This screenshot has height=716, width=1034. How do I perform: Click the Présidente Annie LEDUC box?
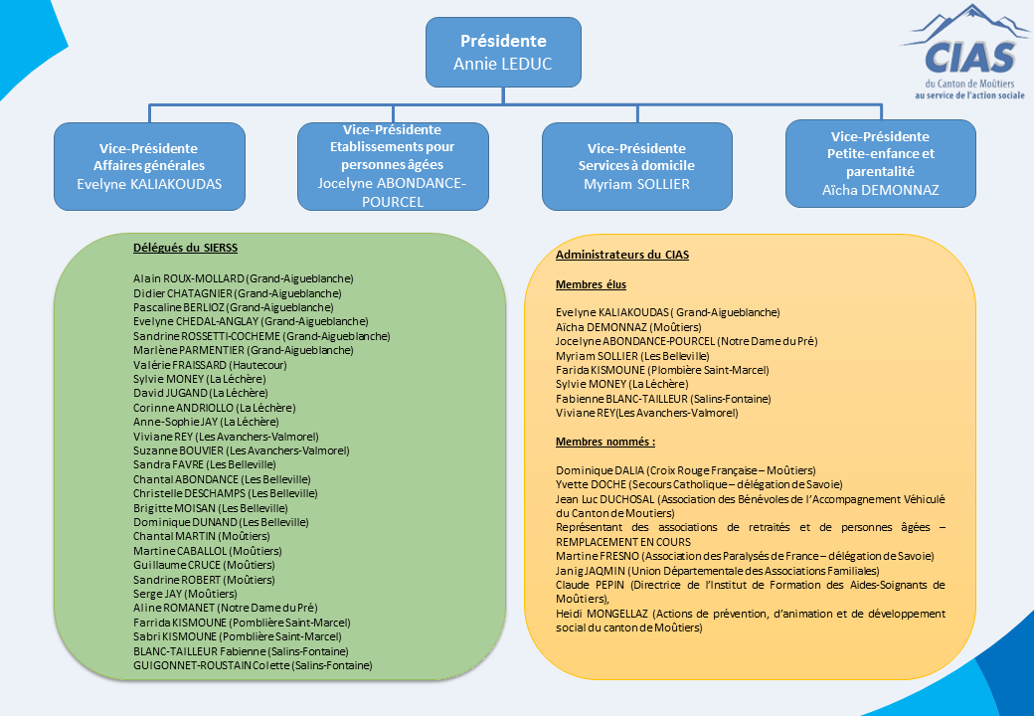pos(503,52)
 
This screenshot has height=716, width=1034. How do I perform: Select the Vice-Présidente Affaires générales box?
pos(150,166)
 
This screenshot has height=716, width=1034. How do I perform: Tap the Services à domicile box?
pos(637,166)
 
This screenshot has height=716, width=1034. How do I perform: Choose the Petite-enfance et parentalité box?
pos(880,163)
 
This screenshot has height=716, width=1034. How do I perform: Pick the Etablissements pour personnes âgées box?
pos(393,166)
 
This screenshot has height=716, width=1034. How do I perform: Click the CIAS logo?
pos(965,52)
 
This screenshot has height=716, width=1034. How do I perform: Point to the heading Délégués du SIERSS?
pos(185,248)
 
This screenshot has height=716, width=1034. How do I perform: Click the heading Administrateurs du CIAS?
pos(622,255)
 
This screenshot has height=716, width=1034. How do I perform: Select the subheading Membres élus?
pos(591,284)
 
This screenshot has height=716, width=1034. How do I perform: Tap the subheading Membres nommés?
pos(605,442)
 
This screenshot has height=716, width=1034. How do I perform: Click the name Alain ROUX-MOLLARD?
pos(189,278)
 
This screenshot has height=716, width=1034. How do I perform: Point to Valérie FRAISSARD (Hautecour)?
pos(210,365)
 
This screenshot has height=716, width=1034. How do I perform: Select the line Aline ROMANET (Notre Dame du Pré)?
pos(225,608)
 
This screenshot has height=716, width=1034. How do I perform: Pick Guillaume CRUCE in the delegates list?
pos(177,565)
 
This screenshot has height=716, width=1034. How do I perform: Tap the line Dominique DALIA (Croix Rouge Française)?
pos(686,470)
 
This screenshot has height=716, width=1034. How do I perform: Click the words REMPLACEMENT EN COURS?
pos(623,542)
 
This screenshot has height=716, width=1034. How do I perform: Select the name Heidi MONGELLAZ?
pos(603,614)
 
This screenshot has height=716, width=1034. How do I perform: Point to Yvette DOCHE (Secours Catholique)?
pos(699,484)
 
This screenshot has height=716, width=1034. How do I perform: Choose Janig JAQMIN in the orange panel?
pos(591,571)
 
